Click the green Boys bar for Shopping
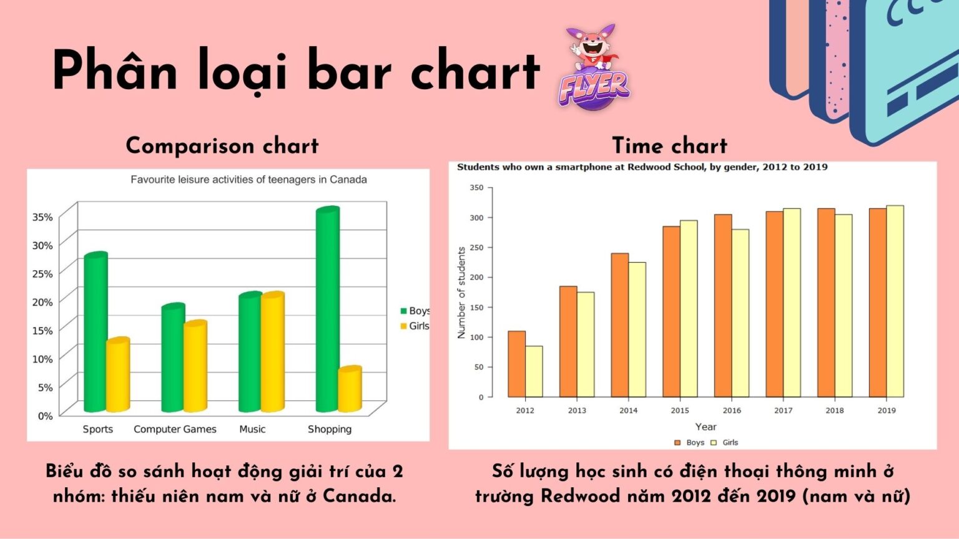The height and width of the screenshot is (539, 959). (328, 310)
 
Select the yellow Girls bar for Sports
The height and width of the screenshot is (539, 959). (117, 375)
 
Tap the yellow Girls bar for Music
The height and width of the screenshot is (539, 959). (272, 352)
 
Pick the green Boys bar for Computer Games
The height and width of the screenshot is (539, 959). (173, 358)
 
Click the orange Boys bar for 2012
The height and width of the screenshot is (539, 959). (516, 364)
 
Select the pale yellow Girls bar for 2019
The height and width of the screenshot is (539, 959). (895, 301)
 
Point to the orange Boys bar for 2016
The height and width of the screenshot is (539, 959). (723, 306)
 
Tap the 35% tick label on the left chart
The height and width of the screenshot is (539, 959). (42, 217)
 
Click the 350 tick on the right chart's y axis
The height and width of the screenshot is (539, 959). (476, 187)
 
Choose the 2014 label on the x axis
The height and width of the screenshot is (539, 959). (628, 410)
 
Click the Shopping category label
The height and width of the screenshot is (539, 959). (329, 429)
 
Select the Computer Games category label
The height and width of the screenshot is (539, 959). (175, 429)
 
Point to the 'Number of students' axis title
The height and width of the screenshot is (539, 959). (461, 293)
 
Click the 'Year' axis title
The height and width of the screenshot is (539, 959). (706, 427)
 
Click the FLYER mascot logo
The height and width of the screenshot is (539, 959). (593, 69)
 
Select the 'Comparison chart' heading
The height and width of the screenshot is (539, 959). (222, 145)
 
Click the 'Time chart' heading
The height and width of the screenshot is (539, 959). (669, 145)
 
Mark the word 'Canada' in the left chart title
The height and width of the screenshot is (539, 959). (348, 180)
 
